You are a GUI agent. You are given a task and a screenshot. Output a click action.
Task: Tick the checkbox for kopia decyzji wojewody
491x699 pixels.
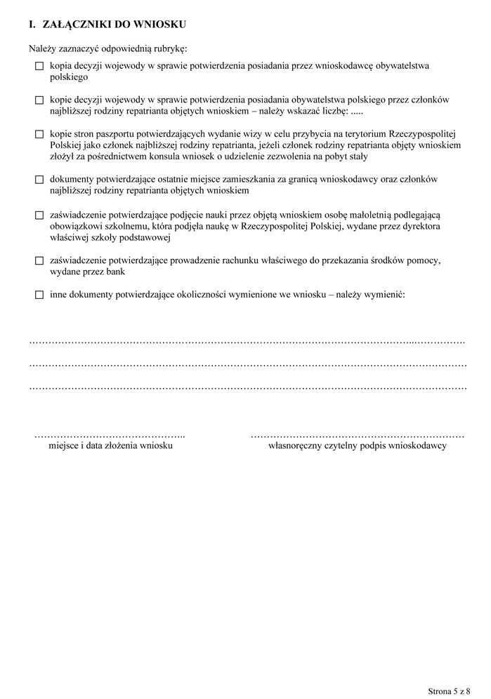(x=39, y=66)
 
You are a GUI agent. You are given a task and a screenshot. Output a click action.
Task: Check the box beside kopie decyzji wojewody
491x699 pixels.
(x=39, y=101)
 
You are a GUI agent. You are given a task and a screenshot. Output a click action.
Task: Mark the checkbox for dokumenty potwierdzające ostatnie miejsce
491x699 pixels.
(x=39, y=180)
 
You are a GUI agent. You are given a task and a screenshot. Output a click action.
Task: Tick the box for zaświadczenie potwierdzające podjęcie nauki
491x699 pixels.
(x=39, y=214)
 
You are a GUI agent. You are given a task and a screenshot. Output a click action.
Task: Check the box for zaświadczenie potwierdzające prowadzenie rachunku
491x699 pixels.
(x=39, y=260)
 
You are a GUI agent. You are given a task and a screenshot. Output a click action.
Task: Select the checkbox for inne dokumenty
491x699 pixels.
(x=39, y=295)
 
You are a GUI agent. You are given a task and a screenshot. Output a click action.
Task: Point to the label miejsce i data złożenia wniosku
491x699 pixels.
(x=110, y=446)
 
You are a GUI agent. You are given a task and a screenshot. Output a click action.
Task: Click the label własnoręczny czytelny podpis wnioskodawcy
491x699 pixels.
(x=358, y=446)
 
